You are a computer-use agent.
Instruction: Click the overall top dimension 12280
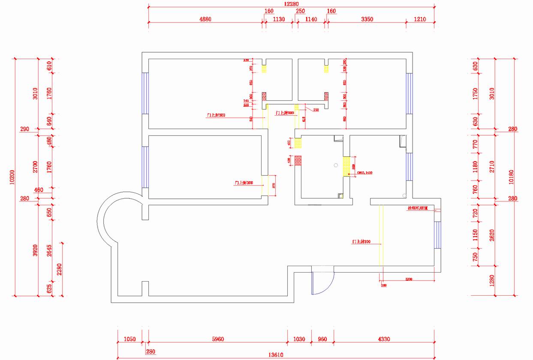(x=291, y=4)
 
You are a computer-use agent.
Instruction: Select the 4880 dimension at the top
(x=205, y=19)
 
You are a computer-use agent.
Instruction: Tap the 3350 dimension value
(x=367, y=19)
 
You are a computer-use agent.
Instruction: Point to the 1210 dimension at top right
(x=420, y=19)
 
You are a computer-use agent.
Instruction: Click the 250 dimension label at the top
(x=300, y=11)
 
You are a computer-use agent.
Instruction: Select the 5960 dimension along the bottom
(x=218, y=339)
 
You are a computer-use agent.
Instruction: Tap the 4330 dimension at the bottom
(x=384, y=339)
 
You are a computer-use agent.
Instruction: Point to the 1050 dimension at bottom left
(x=129, y=339)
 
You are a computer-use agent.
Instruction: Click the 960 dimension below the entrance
(x=322, y=339)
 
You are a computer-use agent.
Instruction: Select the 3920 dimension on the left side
(x=36, y=249)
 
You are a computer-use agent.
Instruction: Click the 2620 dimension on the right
(x=492, y=234)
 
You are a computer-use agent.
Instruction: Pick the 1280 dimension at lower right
(x=492, y=281)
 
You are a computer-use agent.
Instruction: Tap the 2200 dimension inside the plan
(x=408, y=279)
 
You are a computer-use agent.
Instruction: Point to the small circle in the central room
(x=335, y=165)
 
